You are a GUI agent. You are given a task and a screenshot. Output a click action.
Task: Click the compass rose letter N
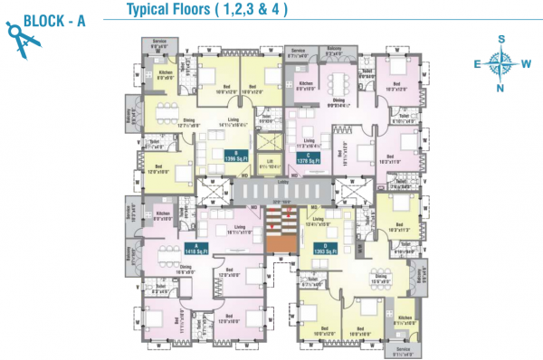pyautogui.click(x=500, y=89)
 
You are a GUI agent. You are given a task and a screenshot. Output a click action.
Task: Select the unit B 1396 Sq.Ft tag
pyautogui.click(x=235, y=156)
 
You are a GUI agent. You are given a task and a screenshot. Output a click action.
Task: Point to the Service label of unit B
pyautogui.click(x=160, y=42)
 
